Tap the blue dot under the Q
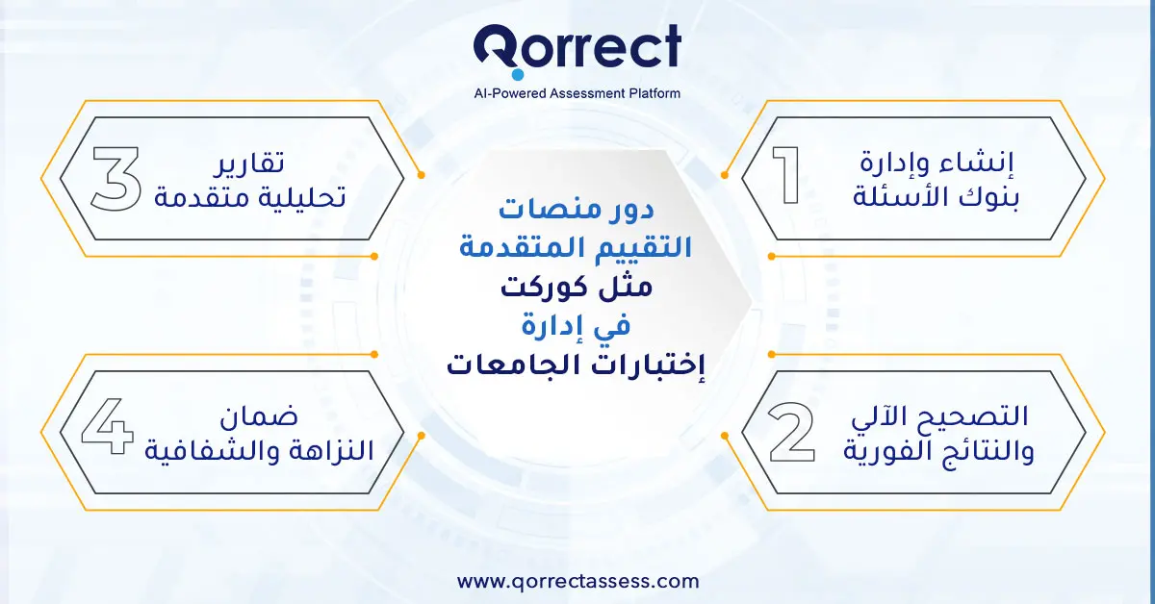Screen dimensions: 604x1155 pyautogui.click(x=517, y=74)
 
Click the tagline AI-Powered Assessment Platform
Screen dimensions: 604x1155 pyautogui.click(x=577, y=93)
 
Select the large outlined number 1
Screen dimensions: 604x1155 pyautogui.click(x=790, y=176)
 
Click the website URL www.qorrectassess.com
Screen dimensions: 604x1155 pyautogui.click(x=577, y=581)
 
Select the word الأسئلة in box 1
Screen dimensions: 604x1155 pyautogui.click(x=904, y=198)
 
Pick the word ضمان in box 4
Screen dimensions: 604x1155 pyautogui.click(x=263, y=417)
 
